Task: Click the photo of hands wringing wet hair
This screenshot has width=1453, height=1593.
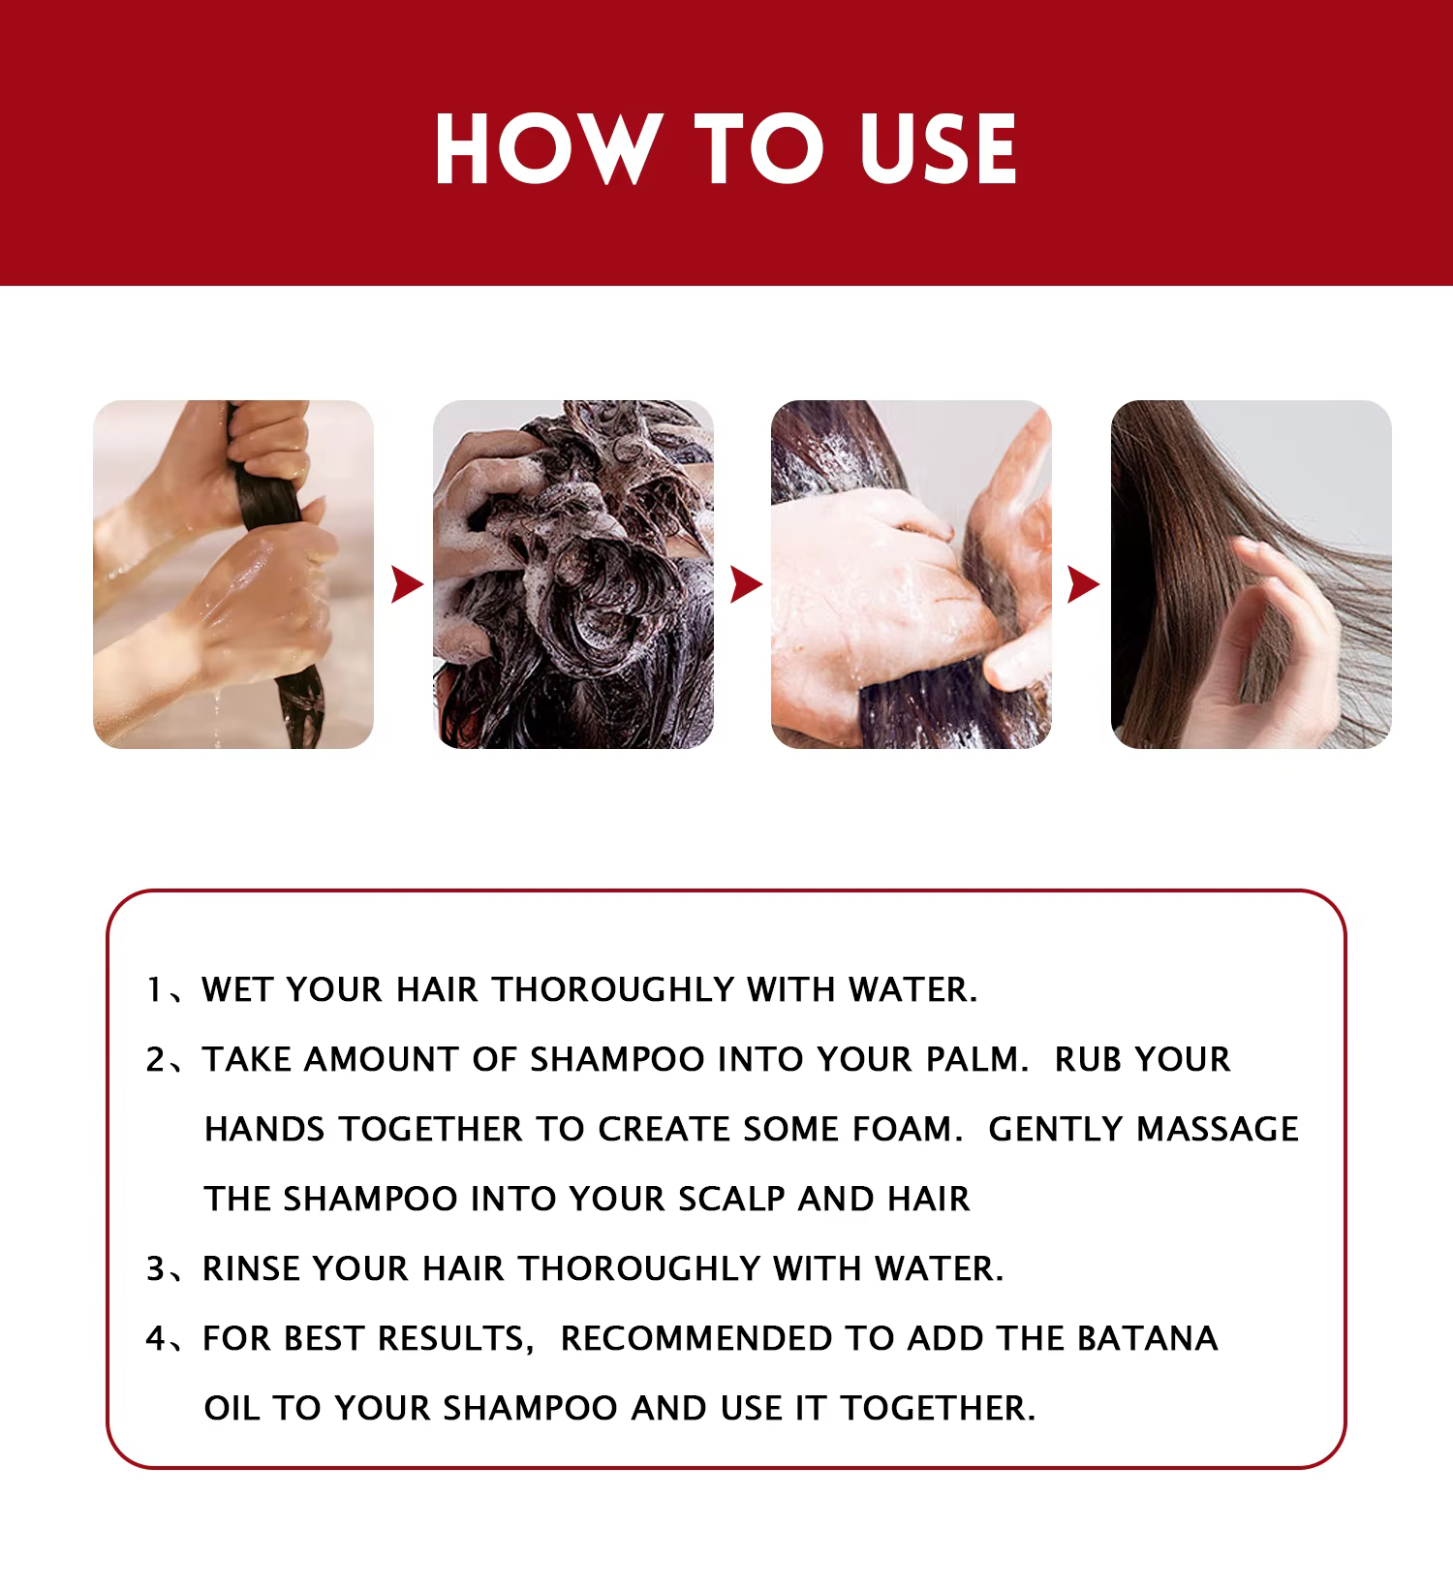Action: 233,575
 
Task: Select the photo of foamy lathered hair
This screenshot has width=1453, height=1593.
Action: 573,575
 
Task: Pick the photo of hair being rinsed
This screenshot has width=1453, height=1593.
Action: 912,575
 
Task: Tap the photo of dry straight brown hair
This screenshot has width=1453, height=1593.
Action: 1252,575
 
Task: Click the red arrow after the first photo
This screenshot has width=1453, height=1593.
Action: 408,585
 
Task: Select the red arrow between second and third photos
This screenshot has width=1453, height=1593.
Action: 746,585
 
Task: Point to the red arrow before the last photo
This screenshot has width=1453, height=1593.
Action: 1084,585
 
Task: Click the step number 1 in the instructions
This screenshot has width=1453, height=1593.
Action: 153,990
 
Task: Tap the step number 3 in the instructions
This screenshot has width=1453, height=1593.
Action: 156,1269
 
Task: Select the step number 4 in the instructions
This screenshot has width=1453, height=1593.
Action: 156,1339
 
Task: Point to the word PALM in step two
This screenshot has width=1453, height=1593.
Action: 977,1060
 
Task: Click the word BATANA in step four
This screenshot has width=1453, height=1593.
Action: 1147,1339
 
